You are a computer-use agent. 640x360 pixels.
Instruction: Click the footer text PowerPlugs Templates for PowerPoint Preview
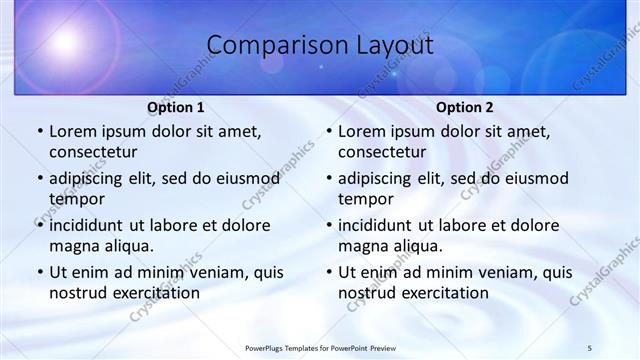pyautogui.click(x=320, y=347)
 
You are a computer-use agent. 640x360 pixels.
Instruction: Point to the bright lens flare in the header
pyautogui.click(x=65, y=43)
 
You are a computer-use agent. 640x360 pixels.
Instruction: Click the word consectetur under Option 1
pyautogui.click(x=93, y=152)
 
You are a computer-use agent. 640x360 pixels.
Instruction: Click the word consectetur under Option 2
pyautogui.click(x=382, y=152)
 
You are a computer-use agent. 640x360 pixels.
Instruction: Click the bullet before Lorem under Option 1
pyautogui.click(x=40, y=132)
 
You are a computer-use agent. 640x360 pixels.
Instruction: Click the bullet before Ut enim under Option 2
pyautogui.click(x=329, y=272)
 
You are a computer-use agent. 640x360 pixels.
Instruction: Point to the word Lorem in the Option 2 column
pyautogui.click(x=361, y=132)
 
